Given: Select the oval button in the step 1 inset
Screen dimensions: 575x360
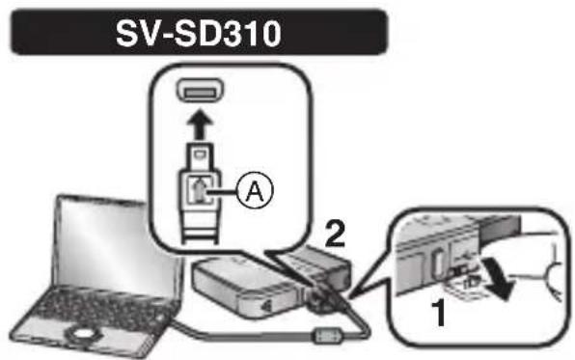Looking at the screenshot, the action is [435, 262].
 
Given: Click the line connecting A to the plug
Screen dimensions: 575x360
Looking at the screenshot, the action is [227, 191].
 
